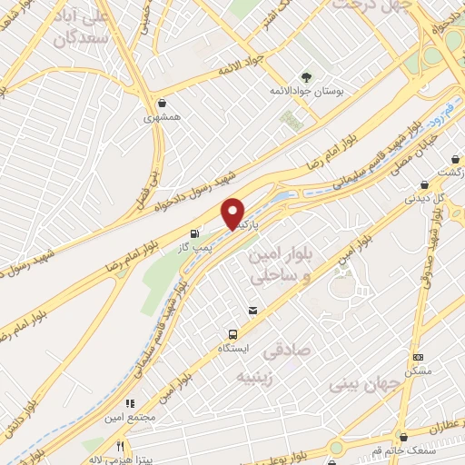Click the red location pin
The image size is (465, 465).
point(233,213)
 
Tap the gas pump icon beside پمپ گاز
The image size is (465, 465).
point(194,233)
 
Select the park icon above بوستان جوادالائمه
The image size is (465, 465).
point(305,78)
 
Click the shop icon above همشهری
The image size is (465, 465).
point(162,104)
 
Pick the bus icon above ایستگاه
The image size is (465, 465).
point(233,334)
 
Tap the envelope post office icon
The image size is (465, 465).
point(252,311)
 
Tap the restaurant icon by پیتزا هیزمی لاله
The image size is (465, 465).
point(121,446)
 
